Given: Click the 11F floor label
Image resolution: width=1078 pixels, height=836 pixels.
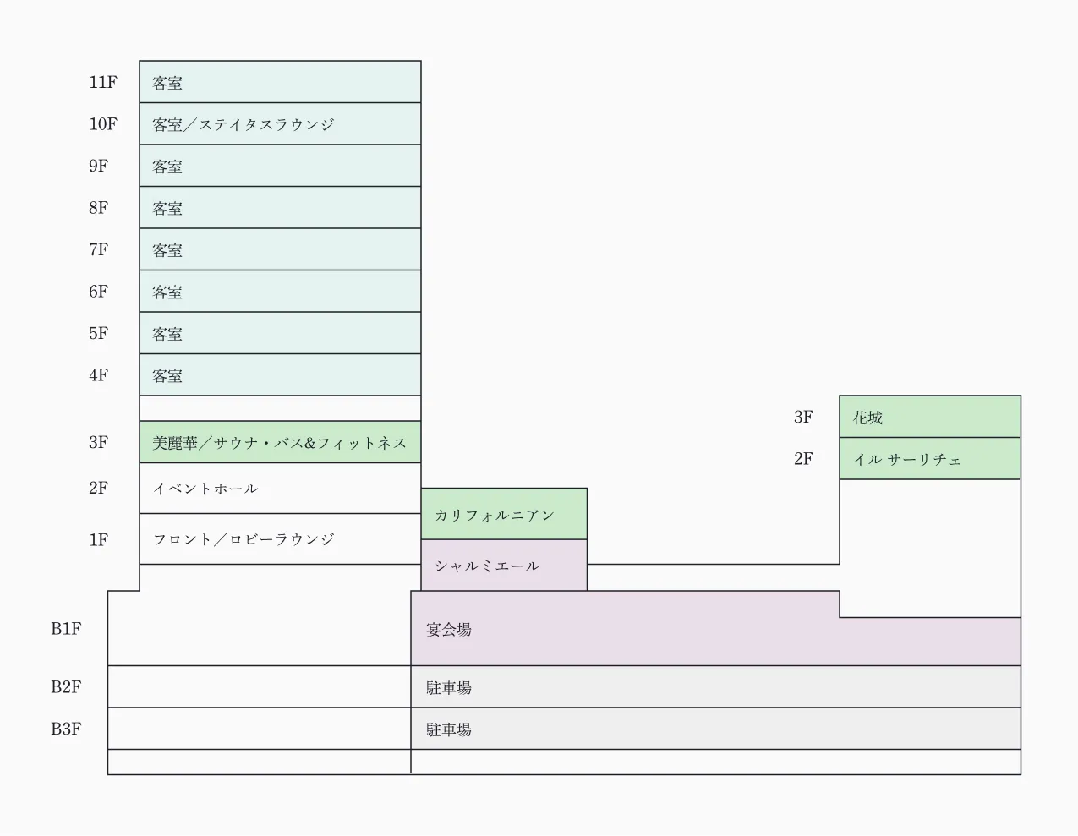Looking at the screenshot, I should [x=102, y=82].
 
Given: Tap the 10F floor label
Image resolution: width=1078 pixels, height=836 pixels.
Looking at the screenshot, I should [x=102, y=124].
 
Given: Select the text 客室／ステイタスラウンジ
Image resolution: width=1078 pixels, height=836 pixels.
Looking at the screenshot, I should [x=244, y=125].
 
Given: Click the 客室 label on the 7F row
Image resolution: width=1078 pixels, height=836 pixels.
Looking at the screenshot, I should [x=167, y=250].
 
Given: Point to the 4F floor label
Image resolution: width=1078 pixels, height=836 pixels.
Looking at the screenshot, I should [x=98, y=375].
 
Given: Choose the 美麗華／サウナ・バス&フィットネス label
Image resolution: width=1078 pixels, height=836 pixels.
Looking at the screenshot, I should [x=280, y=443].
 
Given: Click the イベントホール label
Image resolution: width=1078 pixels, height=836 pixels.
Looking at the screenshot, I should [x=205, y=489].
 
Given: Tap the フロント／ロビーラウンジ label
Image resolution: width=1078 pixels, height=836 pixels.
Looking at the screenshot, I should [x=244, y=539].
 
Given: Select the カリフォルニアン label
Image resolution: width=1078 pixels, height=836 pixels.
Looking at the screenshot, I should [x=495, y=515].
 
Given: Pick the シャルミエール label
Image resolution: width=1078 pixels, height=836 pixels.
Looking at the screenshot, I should [x=487, y=566].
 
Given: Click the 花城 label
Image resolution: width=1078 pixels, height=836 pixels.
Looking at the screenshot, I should [x=867, y=418].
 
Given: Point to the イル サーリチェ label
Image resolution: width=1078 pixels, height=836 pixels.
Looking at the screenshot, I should [x=907, y=460].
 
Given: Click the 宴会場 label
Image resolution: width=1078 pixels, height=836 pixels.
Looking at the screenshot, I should [x=449, y=630].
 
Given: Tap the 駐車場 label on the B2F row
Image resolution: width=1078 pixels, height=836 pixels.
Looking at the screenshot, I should [x=449, y=688].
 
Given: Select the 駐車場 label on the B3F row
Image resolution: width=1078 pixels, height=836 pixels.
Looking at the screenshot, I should [x=449, y=729].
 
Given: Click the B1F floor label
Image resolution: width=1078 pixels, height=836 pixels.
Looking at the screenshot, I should [x=65, y=629].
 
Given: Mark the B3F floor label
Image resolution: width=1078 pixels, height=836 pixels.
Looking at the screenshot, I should [x=65, y=729].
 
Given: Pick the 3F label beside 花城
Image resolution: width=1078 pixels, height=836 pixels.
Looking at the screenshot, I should [x=803, y=417].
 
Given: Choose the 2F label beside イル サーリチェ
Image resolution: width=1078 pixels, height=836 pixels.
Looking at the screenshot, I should [x=803, y=459].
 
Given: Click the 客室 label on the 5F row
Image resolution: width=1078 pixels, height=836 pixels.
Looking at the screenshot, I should [x=167, y=334].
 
